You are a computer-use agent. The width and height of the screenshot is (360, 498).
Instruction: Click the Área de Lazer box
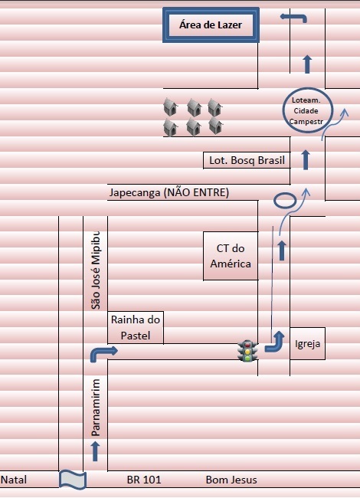point(211,25)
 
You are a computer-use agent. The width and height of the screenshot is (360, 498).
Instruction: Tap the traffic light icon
point(248,351)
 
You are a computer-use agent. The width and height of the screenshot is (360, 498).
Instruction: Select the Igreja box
point(307,344)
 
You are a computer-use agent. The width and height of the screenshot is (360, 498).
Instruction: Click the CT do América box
point(231,256)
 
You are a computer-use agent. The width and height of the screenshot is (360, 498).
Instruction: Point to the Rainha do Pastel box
point(136,327)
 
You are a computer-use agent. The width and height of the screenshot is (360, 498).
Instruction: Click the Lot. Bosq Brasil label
point(247,160)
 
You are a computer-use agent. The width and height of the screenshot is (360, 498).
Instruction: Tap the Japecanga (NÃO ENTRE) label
point(169,192)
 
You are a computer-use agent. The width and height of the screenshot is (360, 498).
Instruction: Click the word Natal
point(14,480)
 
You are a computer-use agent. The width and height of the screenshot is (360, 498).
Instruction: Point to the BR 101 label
point(144,480)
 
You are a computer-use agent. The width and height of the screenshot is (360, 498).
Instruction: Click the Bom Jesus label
point(231,480)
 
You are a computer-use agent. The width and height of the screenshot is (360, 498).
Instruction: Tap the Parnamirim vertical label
point(96,408)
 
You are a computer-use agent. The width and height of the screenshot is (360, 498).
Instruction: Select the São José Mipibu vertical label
point(96,270)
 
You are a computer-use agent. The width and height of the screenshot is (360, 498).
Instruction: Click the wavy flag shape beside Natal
point(73,480)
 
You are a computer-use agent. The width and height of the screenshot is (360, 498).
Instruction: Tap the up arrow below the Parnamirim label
point(95,451)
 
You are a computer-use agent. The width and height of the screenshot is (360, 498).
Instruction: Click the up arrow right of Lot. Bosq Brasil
point(306,160)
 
